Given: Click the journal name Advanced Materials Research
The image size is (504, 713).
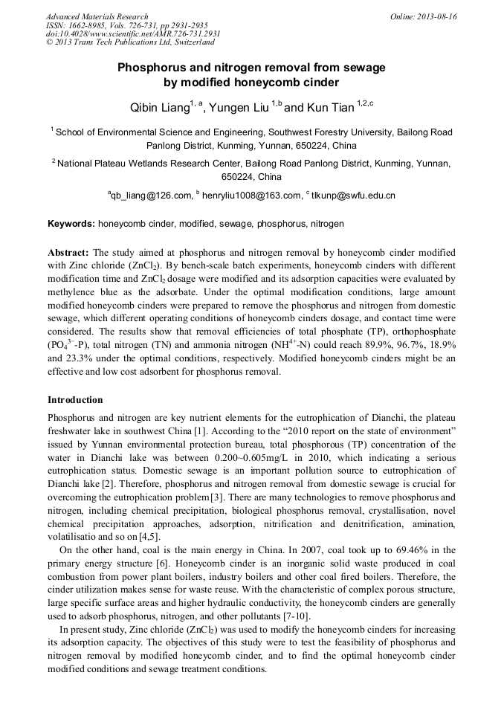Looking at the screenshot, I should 97,16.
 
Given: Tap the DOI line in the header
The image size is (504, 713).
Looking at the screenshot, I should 133,34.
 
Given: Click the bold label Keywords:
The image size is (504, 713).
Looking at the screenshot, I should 71,223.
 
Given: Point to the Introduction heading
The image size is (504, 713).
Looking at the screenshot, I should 75,400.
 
